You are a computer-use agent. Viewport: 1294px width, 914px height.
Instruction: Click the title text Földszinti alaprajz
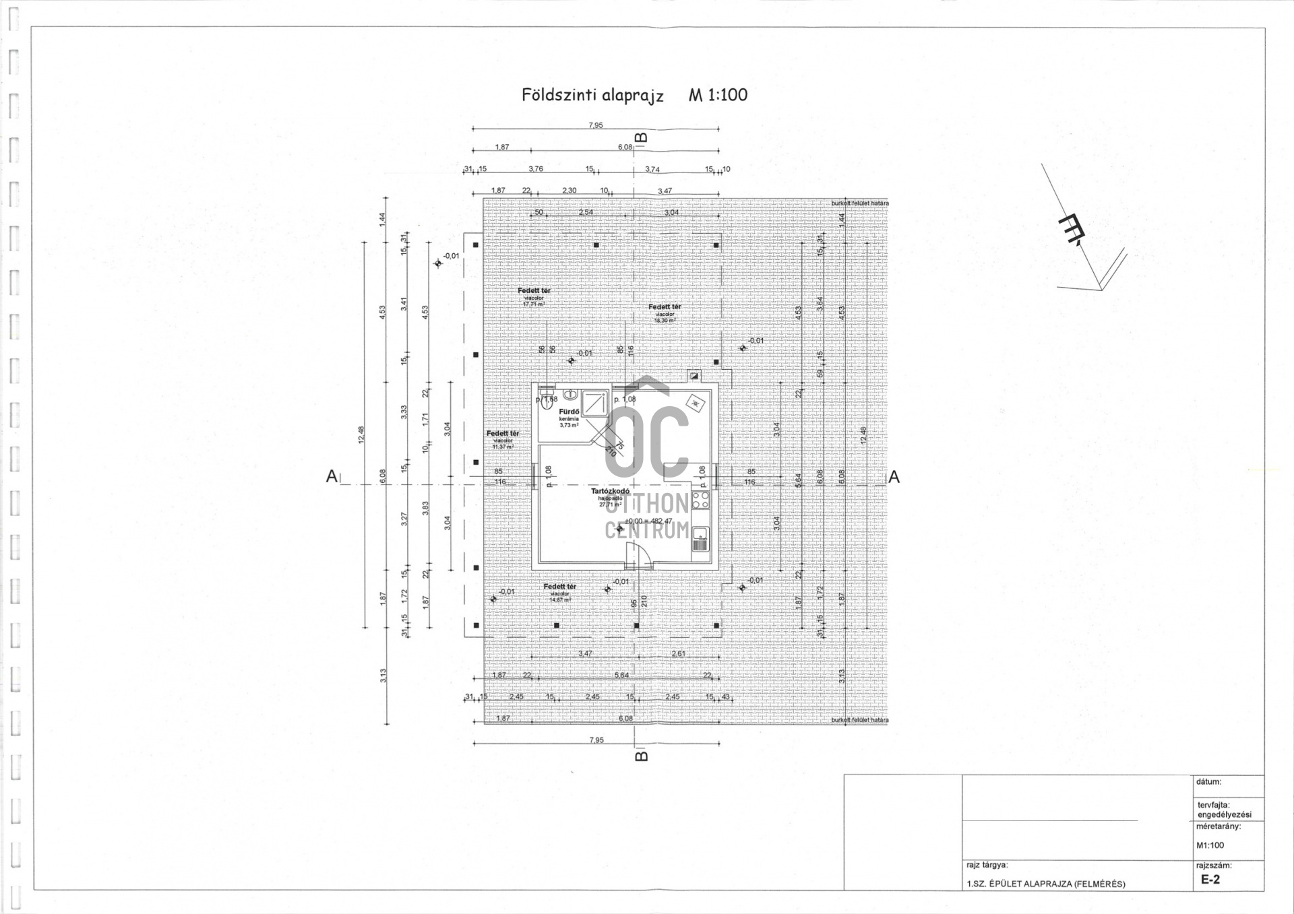(592, 95)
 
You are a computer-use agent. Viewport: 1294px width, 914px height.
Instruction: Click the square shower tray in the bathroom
(595, 402)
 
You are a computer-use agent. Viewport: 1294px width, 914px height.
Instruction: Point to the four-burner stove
(700, 499)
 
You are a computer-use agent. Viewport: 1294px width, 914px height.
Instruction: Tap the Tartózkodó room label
(610, 492)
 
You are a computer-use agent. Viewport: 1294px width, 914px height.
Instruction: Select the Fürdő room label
(569, 412)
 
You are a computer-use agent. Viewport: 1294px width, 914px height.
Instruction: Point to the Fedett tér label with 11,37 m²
(503, 434)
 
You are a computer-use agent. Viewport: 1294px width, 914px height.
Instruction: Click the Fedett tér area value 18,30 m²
(665, 321)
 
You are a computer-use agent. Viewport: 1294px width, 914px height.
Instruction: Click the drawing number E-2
(1210, 880)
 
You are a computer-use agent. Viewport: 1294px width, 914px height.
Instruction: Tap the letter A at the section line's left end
(332, 477)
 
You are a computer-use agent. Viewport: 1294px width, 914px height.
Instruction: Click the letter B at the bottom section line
(642, 756)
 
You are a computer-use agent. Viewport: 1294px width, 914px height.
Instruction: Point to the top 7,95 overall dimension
(595, 125)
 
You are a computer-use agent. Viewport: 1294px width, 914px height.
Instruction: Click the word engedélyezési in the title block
(1224, 815)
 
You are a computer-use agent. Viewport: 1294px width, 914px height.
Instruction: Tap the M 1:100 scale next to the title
(718, 95)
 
